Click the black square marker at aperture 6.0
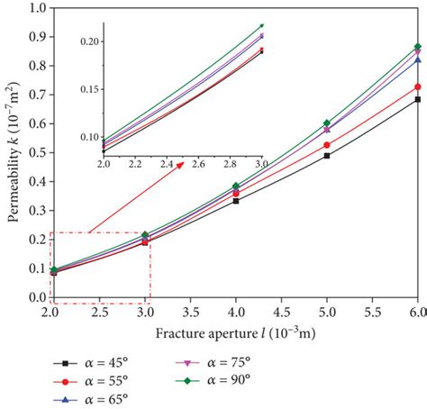(x=417, y=100)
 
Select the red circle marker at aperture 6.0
(x=417, y=87)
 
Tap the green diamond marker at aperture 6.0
(x=417, y=47)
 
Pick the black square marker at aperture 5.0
(x=326, y=156)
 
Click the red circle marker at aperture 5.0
(x=326, y=145)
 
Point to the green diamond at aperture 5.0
(x=326, y=123)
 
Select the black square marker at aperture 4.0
(x=235, y=201)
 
